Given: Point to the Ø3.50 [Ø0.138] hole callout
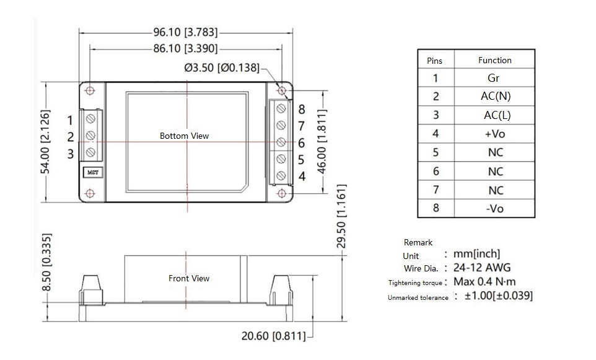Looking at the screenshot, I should [x=222, y=67].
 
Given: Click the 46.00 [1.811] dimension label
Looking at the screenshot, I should [x=322, y=143].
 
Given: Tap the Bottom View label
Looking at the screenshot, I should [x=184, y=136].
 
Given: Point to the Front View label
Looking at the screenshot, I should [x=189, y=278].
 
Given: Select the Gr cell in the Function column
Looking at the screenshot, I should [x=494, y=78].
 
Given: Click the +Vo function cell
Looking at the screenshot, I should [x=496, y=134].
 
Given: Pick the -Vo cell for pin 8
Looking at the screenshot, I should [x=495, y=208].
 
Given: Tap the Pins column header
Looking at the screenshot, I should [x=435, y=61].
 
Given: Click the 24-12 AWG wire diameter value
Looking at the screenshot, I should [x=482, y=268].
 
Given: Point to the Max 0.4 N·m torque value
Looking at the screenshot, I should [x=485, y=282].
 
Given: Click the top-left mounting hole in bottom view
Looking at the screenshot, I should [x=90, y=90].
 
